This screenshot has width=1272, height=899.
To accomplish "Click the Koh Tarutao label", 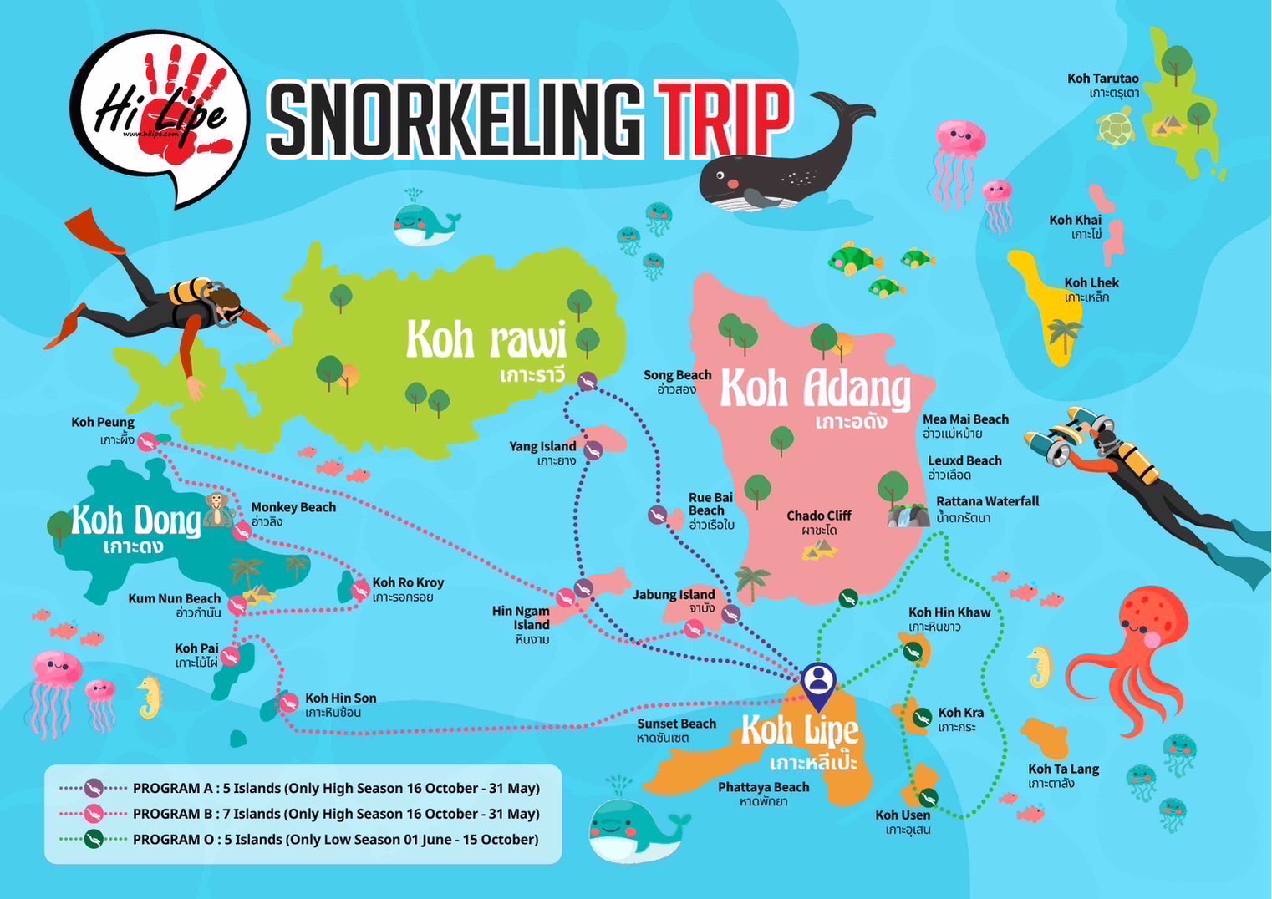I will [1103, 84].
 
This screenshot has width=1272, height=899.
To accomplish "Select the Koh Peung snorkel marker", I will [147, 442].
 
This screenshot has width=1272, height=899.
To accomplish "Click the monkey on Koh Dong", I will [217, 509].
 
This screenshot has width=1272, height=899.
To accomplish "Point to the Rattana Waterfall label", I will [987, 509].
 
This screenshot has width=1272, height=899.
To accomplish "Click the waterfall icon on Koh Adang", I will [908, 516].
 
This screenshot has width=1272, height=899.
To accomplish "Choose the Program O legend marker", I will [93, 839].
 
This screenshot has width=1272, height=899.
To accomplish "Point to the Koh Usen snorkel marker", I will [928, 798].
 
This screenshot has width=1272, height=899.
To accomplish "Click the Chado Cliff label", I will [818, 522].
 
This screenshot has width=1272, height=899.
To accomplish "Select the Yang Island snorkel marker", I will [593, 451].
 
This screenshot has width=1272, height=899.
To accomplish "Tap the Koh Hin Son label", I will [340, 704].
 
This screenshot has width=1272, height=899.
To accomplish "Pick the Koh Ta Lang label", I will [1063, 775].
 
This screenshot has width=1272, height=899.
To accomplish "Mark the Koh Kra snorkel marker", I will [922, 718].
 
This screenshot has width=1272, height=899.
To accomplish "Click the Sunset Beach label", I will [676, 730].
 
